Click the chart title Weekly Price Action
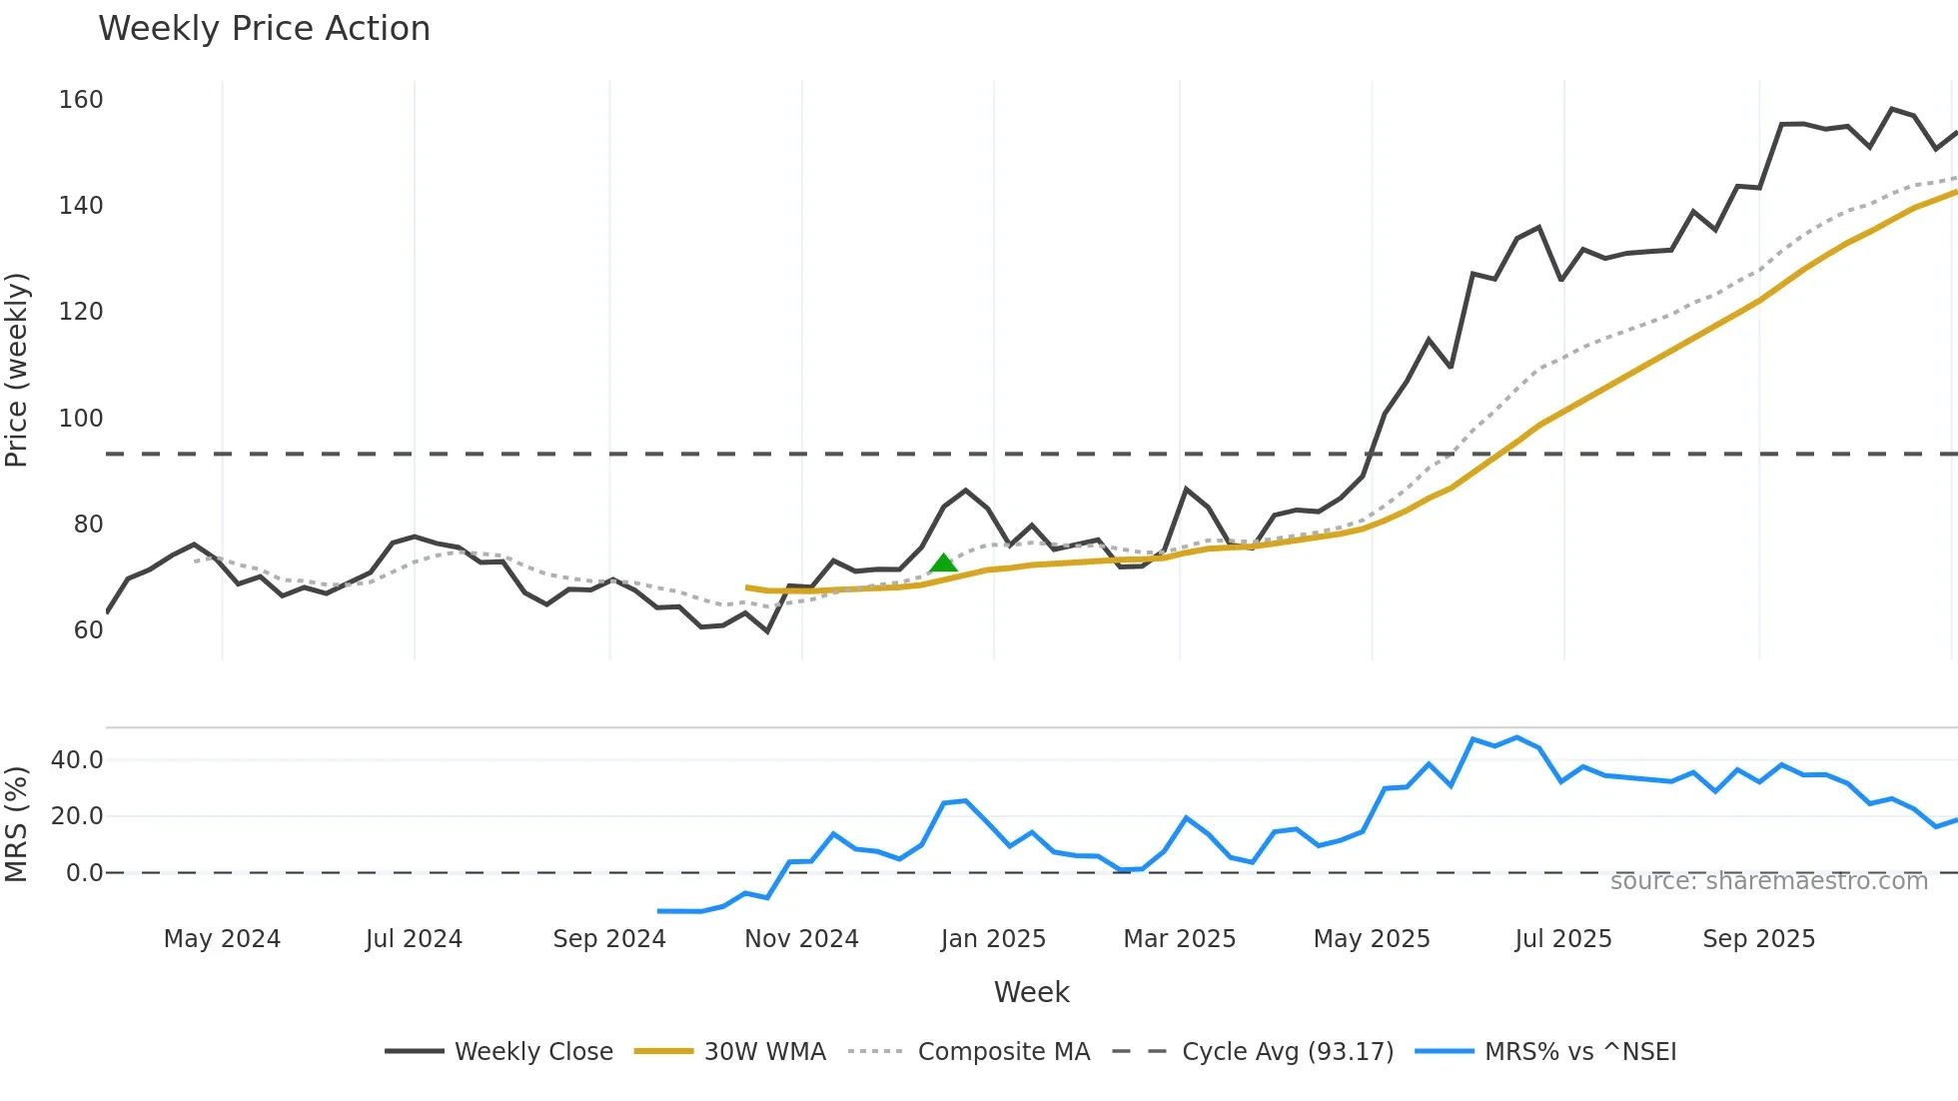coord(264,29)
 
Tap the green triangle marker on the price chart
coord(943,563)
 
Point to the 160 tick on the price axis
coord(81,100)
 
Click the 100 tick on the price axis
coord(81,419)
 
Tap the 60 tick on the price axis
coord(88,630)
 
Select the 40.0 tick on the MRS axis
coord(77,760)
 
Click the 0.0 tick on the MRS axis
coord(84,873)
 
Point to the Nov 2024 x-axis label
coord(801,939)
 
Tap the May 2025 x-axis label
coord(1371,939)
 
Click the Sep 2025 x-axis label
coord(1758,939)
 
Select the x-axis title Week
coord(1031,992)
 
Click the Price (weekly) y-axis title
coord(17,370)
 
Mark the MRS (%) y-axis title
coord(17,824)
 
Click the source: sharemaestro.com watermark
coord(1768,881)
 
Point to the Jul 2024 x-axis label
coord(414,939)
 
